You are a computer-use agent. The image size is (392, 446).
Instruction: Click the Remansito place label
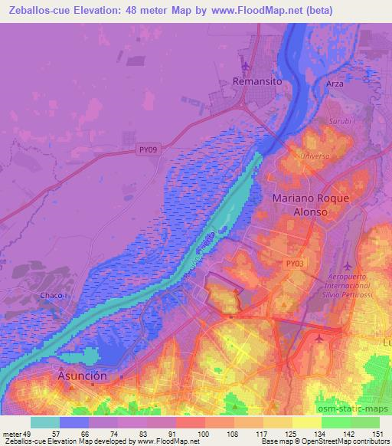tap(258, 80)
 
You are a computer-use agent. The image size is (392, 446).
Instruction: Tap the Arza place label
tap(335, 84)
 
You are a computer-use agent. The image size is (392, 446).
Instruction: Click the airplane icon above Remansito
tap(246, 66)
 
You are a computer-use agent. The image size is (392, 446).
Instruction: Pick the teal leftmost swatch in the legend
tap(45, 422)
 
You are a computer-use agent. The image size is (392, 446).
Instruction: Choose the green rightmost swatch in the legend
tap(364, 422)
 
